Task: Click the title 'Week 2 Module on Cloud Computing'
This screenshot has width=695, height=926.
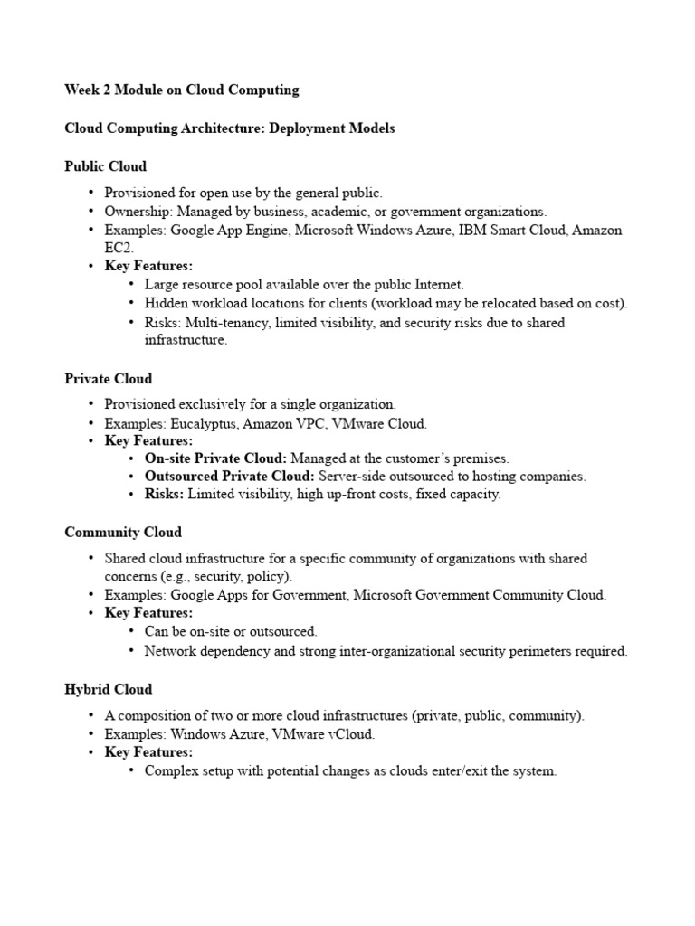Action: [181, 90]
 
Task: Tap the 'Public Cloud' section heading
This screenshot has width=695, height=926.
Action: [105, 166]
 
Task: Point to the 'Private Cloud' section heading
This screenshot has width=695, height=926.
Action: [108, 378]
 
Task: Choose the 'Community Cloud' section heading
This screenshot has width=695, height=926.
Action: [122, 532]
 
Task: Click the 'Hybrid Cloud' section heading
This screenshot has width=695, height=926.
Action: [108, 689]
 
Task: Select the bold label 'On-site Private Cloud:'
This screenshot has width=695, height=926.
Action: [215, 458]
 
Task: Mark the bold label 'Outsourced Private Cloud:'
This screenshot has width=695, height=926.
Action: [230, 477]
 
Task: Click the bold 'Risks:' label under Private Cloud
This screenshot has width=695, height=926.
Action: [164, 495]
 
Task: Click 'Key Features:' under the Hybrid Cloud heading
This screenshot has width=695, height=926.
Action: [148, 752]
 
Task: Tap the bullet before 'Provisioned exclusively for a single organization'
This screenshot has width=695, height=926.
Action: [91, 404]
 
